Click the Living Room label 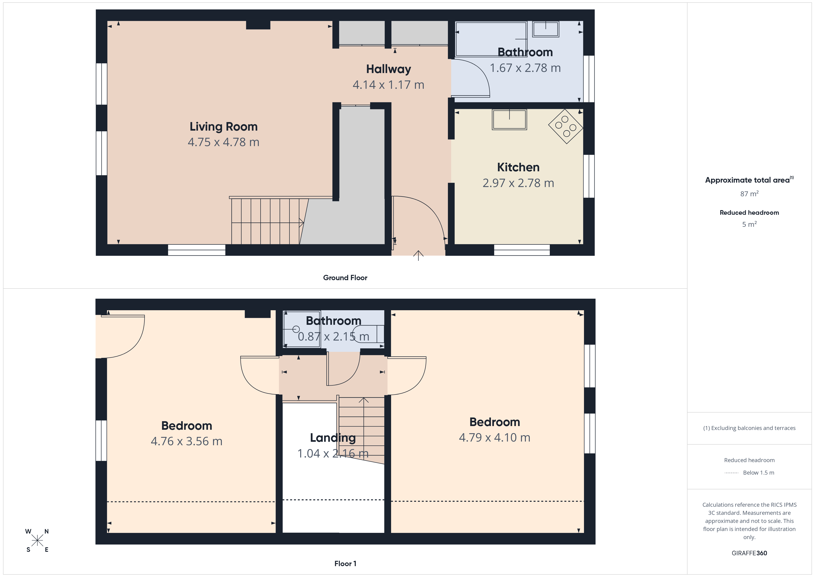[223, 126]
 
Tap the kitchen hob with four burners [566, 126]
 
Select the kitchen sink [509, 119]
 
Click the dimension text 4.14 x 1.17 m [388, 85]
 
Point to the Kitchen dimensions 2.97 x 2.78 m [518, 183]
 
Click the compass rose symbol [37, 540]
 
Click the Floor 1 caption [345, 564]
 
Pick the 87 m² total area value [749, 194]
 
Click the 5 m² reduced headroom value [749, 224]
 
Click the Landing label [333, 438]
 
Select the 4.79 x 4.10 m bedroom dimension [494, 437]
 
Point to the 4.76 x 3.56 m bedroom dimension [186, 441]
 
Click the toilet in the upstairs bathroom [368, 334]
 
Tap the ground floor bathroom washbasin [546, 29]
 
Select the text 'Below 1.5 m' [759, 473]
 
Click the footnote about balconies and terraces [749, 428]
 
